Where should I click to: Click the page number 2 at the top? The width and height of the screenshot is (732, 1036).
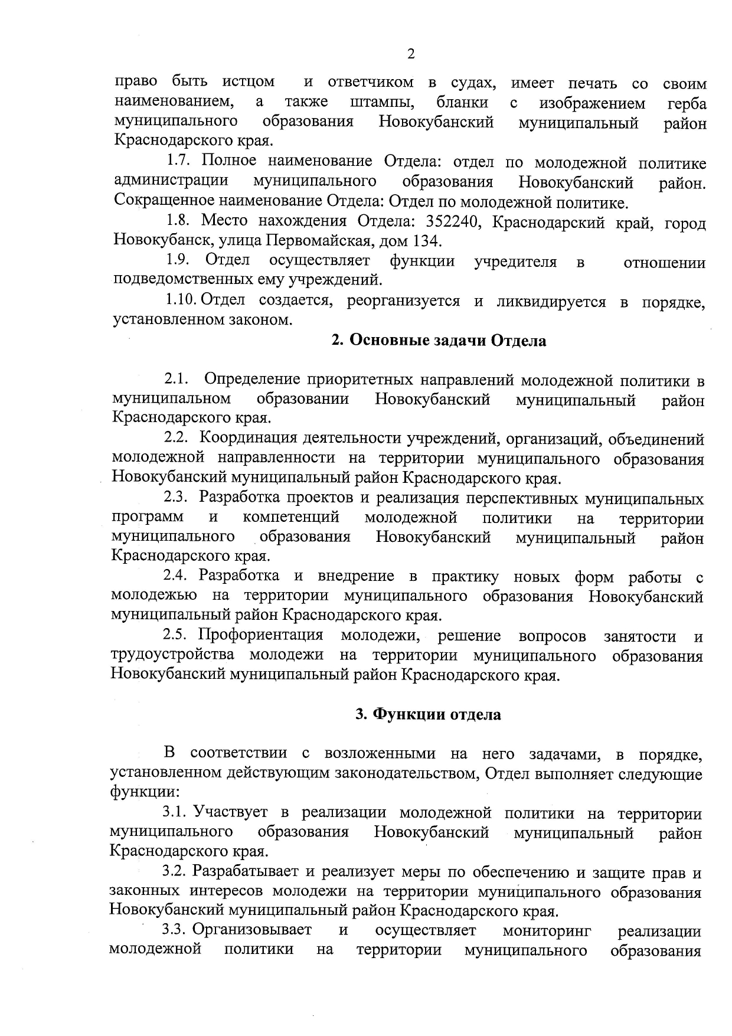pyautogui.click(x=411, y=54)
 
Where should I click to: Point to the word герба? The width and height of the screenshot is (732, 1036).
pyautogui.click(x=687, y=104)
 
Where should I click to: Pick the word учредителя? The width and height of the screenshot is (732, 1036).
pyautogui.click(x=515, y=262)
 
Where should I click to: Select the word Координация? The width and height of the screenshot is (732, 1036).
pyautogui.click(x=247, y=439)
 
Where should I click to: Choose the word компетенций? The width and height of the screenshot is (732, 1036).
pyautogui.click(x=291, y=518)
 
